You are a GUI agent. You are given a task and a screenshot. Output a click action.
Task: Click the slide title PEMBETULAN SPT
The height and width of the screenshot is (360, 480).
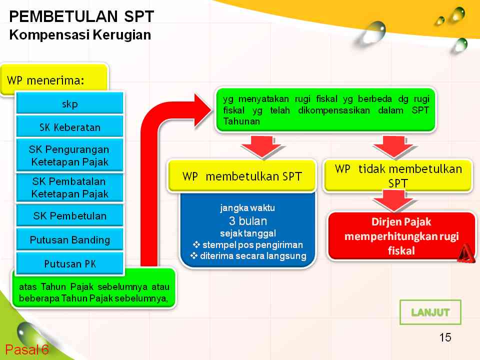(x=81, y=17)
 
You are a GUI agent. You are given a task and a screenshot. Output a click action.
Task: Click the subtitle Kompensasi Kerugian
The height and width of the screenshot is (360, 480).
(x=80, y=35)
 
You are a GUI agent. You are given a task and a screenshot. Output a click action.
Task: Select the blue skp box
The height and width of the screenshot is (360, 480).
(x=70, y=104)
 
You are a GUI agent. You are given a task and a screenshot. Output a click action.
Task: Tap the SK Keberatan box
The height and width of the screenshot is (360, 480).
(x=70, y=127)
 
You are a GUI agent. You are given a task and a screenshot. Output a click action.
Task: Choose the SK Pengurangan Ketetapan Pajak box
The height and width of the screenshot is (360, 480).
(x=70, y=155)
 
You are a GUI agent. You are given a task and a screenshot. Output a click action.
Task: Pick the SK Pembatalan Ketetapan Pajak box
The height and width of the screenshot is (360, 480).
(x=70, y=187)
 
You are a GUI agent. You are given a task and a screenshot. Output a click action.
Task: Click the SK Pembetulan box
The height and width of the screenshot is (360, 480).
(x=70, y=216)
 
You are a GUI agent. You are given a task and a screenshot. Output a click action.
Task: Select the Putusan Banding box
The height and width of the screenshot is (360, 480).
(x=70, y=240)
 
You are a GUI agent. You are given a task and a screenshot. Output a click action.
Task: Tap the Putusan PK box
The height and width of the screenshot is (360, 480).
(x=70, y=263)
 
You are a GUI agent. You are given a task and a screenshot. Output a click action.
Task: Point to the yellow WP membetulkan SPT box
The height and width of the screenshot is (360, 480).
(x=242, y=176)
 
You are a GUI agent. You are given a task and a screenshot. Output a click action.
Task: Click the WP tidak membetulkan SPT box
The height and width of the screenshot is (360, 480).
(x=398, y=175)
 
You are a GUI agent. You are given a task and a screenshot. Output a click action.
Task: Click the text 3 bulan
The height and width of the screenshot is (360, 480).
(x=248, y=221)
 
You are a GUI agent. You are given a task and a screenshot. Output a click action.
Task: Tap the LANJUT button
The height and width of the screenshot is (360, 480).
(x=430, y=312)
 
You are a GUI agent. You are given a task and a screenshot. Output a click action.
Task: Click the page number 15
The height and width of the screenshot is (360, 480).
(x=445, y=337)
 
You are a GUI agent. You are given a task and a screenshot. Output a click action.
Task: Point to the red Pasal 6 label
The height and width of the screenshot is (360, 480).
(x=27, y=349)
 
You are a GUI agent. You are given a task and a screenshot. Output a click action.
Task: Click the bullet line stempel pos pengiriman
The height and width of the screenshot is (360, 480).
(x=248, y=245)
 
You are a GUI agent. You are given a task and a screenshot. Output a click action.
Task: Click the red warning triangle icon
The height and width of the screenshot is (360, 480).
(x=465, y=253)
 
